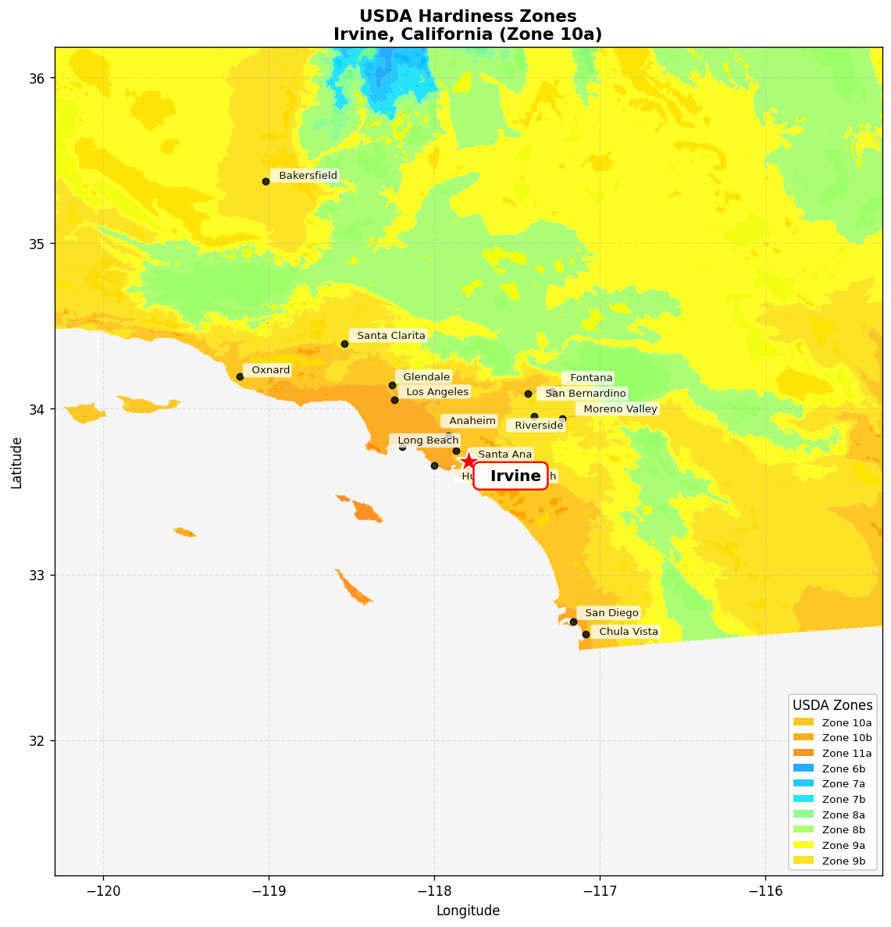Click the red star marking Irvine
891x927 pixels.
pos(468,461)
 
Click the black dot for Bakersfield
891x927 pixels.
pos(266,181)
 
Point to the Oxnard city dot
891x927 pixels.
pos(240,376)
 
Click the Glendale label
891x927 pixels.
pos(426,377)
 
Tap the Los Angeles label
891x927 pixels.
pos(437,392)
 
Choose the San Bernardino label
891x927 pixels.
pos(585,394)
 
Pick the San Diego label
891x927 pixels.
pos(611,613)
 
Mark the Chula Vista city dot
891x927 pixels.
pos(586,634)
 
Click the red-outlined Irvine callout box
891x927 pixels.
pos(511,476)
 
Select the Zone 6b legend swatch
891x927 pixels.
pos(803,768)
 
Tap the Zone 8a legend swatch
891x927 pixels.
pos(803,815)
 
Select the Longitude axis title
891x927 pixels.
pos(468,911)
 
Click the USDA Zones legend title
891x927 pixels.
pos(832,705)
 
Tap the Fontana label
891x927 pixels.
pos(591,378)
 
